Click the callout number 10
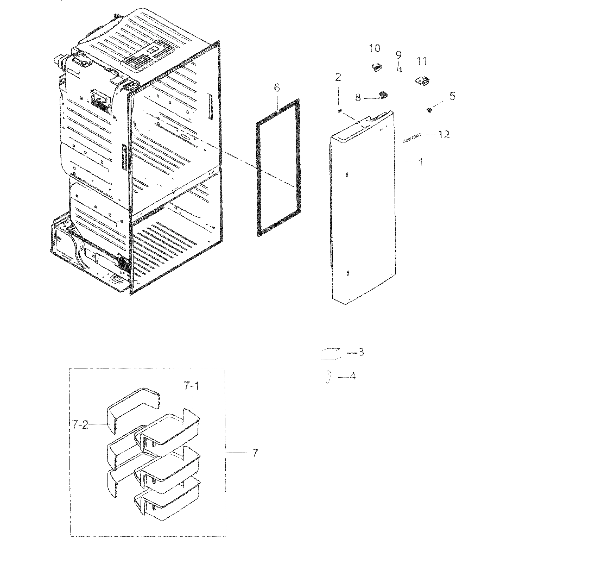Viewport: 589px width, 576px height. point(375,48)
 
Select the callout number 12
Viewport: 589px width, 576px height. point(444,134)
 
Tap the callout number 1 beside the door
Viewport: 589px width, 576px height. point(421,162)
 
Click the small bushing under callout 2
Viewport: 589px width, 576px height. point(340,111)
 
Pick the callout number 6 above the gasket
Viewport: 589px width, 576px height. point(277,88)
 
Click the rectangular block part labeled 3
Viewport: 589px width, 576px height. point(331,354)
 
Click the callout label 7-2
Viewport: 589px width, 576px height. point(80,425)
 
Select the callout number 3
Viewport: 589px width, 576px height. point(361,352)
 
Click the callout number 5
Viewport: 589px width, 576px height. point(452,96)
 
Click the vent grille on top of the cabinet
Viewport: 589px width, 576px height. point(148,56)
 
